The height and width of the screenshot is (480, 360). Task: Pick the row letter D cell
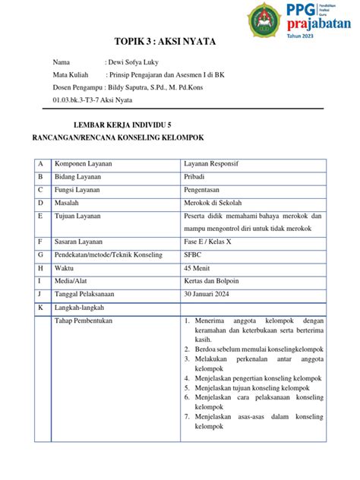click(x=40, y=203)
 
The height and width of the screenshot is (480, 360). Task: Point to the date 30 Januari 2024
click(x=212, y=294)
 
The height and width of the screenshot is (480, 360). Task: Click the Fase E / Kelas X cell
click(x=210, y=242)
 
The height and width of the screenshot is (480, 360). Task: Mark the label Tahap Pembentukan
click(x=83, y=321)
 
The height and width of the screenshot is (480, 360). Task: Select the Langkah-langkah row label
click(x=79, y=307)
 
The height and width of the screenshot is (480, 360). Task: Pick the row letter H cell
click(x=40, y=268)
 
